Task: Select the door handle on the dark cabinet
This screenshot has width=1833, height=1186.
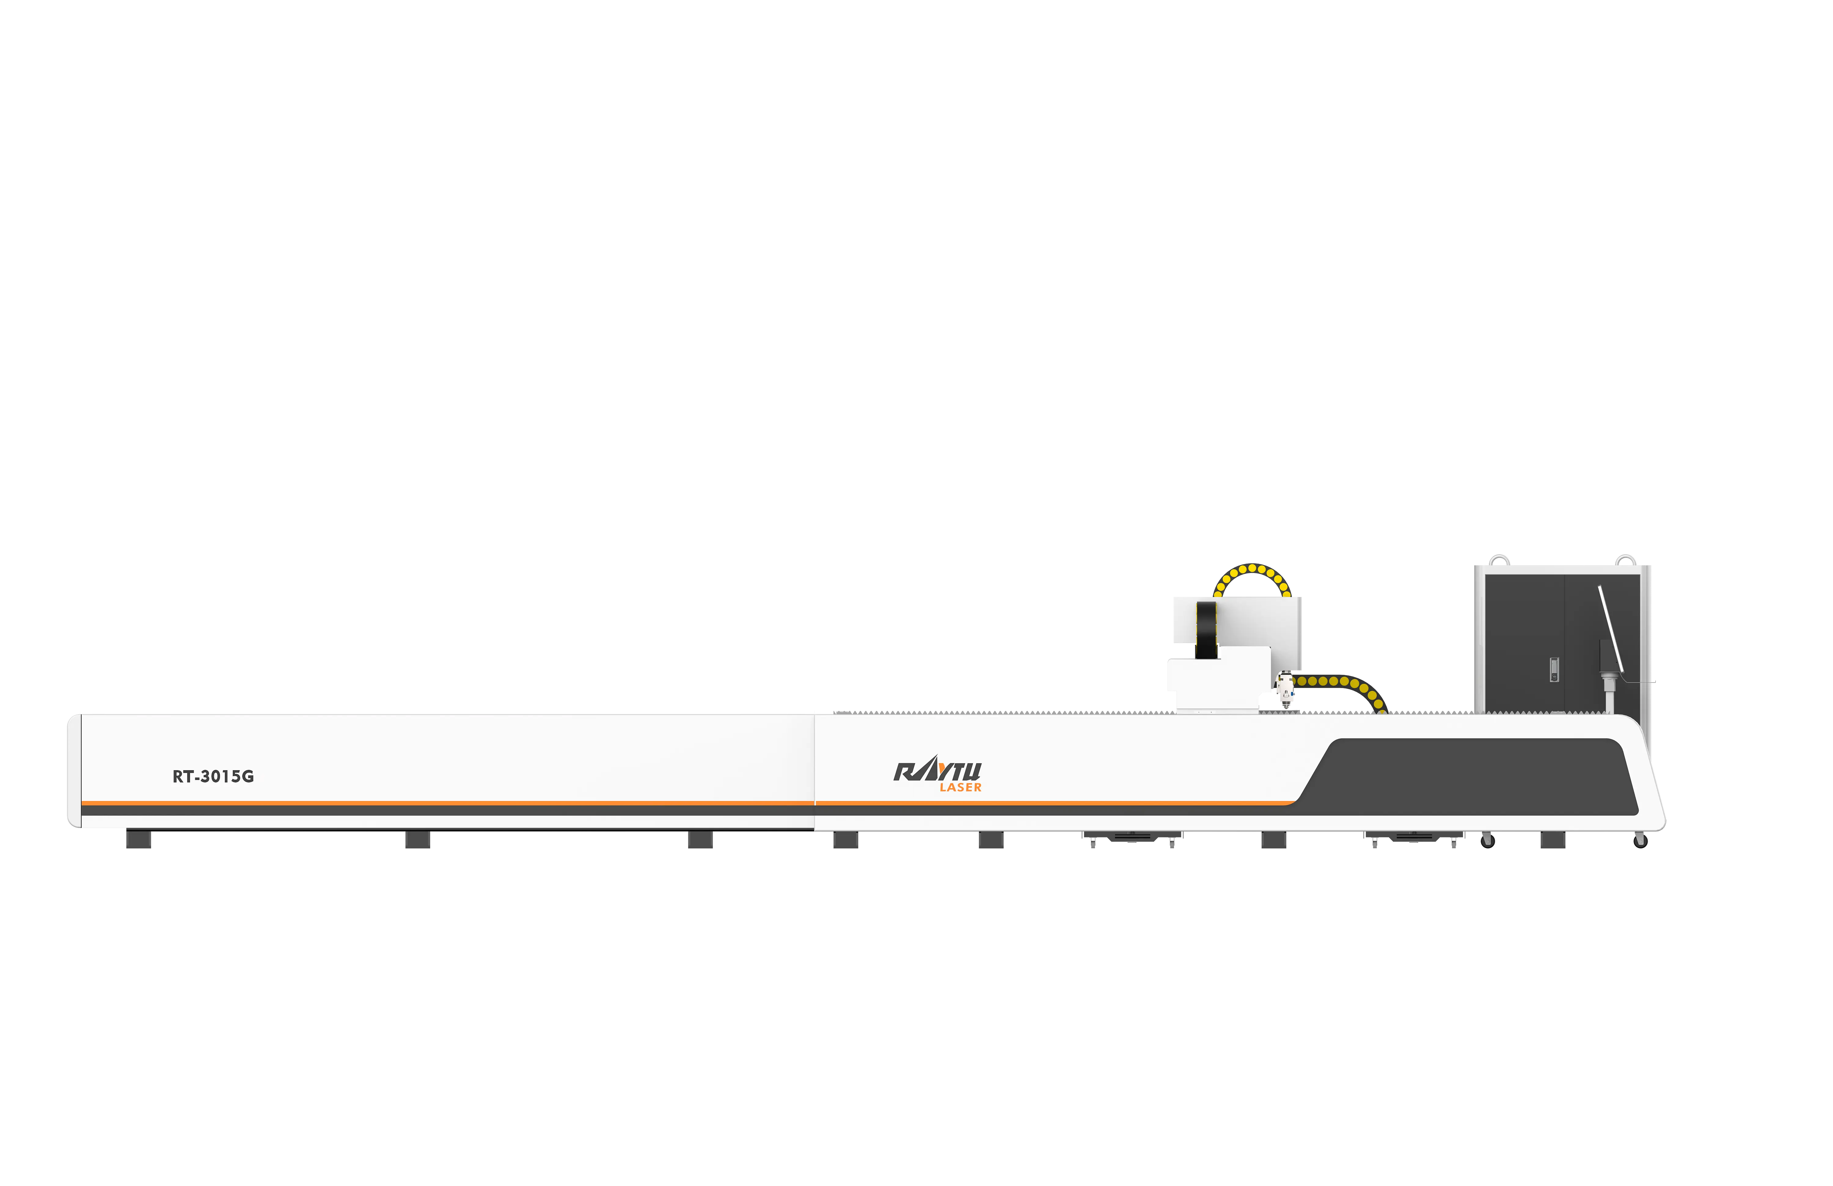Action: (1554, 670)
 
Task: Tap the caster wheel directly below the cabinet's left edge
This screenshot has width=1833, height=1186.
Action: (1488, 841)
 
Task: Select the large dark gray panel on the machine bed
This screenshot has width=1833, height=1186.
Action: (1467, 776)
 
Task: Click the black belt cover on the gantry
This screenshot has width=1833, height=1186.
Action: (1206, 630)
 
